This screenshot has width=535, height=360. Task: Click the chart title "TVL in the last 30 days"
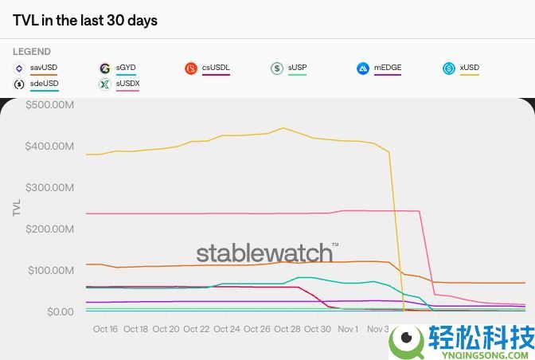pyautogui.click(x=85, y=21)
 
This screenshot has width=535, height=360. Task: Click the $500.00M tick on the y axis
pyautogui.click(x=49, y=104)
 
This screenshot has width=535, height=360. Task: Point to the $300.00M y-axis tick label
pyautogui.click(x=49, y=187)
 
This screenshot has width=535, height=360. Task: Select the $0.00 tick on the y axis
pyautogui.click(x=60, y=311)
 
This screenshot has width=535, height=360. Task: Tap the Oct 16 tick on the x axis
pyautogui.click(x=105, y=329)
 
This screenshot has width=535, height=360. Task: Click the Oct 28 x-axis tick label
pyautogui.click(x=287, y=329)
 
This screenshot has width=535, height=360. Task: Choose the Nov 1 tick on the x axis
pyautogui.click(x=348, y=329)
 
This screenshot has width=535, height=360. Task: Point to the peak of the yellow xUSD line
pyautogui.click(x=283, y=127)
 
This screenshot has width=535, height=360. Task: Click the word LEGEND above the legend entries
pyautogui.click(x=32, y=52)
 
